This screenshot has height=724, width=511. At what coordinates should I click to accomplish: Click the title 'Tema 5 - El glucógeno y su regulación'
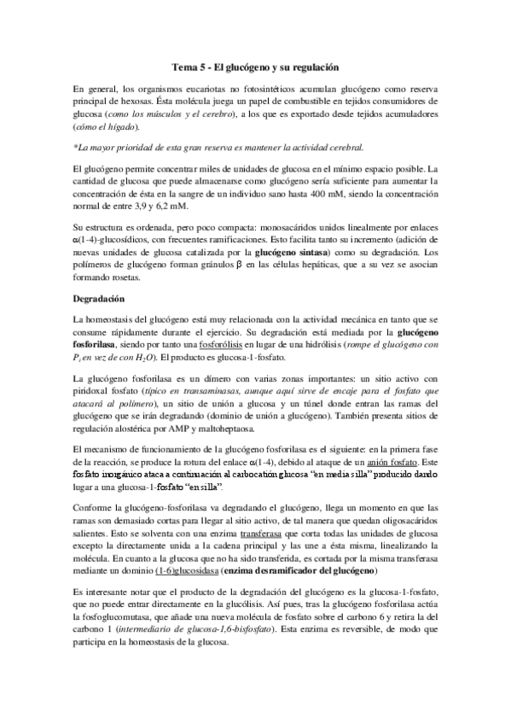256,66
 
